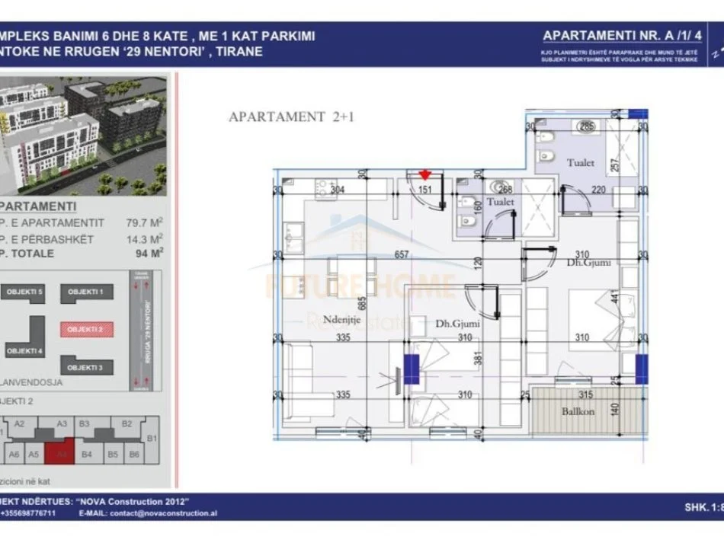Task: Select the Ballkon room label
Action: [x=578, y=410]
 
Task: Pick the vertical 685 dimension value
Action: [x=363, y=302]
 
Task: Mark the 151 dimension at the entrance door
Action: [x=427, y=190]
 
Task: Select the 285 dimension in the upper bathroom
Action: [x=586, y=126]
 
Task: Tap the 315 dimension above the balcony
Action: [x=585, y=394]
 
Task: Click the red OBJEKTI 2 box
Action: [x=85, y=329]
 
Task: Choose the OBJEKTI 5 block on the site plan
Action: [x=24, y=292]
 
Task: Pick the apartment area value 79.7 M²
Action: [x=145, y=224]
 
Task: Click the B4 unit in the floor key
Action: [x=86, y=455]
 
